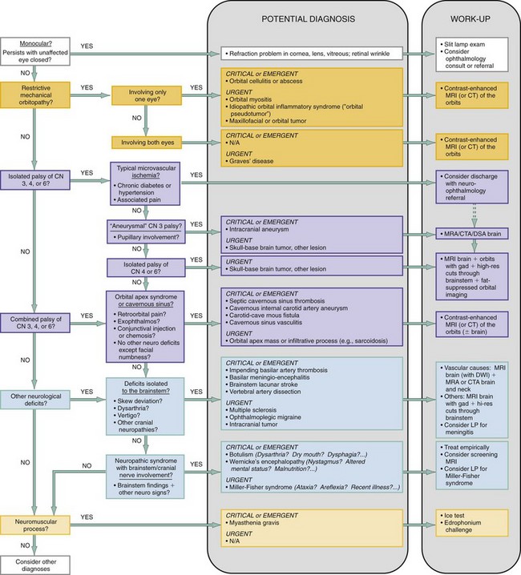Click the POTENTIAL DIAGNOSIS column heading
[x=316, y=19]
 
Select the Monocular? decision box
[x=33, y=48]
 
